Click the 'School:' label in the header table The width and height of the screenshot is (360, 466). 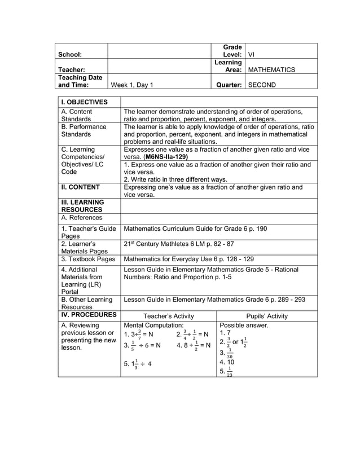[71, 55]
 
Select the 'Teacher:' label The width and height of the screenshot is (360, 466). [72, 70]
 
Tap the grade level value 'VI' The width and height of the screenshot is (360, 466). [252, 55]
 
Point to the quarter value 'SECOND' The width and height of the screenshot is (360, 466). [262, 85]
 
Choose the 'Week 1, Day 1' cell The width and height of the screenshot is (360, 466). [132, 85]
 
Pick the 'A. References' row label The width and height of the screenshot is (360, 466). [82, 218]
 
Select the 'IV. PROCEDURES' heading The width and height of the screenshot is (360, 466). [88, 315]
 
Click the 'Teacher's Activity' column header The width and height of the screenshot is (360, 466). [169, 316]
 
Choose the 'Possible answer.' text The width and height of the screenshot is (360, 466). [244, 326]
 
